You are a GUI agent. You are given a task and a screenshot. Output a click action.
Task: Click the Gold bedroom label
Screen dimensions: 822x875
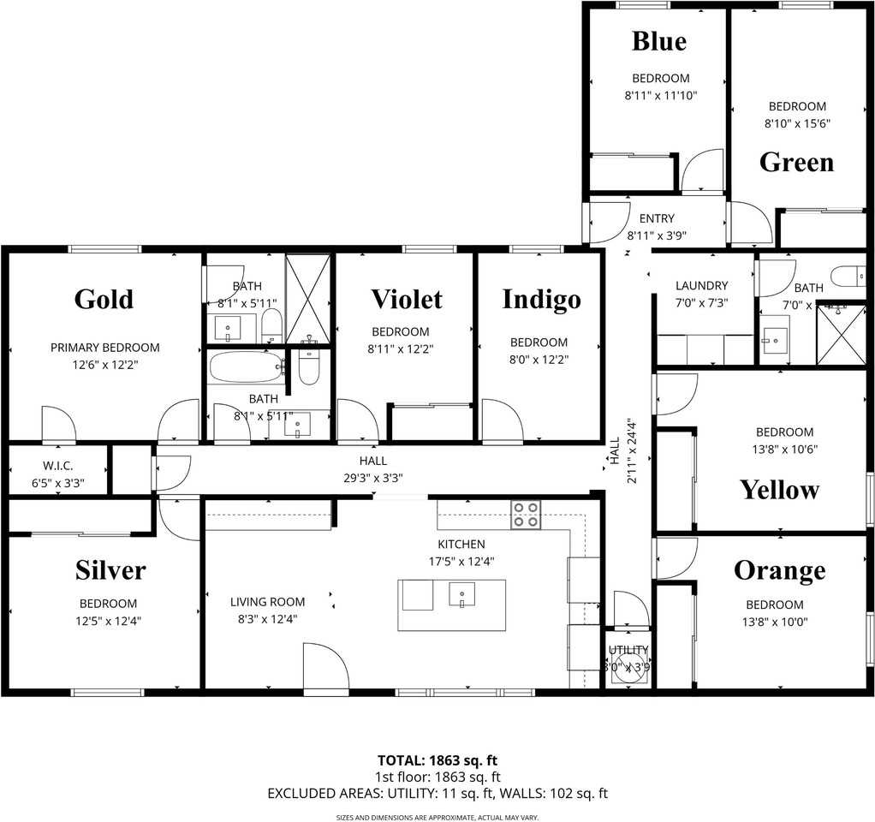(104, 299)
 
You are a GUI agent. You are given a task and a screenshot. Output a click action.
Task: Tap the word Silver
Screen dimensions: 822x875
(110, 569)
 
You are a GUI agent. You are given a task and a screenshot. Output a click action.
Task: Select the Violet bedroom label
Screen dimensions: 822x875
(406, 299)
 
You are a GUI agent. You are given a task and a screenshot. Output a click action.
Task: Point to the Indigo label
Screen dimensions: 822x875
(541, 299)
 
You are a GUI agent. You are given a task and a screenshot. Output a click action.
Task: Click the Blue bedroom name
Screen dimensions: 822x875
(658, 40)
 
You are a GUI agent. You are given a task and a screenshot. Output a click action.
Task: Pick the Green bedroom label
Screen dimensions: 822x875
(796, 162)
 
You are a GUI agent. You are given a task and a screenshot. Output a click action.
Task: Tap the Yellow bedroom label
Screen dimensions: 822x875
(779, 490)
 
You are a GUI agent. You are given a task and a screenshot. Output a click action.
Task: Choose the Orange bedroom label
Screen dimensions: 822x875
(779, 570)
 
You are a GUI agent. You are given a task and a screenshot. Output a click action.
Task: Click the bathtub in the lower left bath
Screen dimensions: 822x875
(246, 367)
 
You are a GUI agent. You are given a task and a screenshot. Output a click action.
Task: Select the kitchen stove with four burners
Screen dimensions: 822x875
(526, 515)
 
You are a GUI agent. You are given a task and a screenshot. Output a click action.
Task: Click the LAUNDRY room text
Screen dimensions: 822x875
(701, 286)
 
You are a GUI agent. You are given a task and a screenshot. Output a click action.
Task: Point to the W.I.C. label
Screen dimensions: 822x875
(57, 466)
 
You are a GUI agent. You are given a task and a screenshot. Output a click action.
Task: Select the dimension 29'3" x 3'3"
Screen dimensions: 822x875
(373, 479)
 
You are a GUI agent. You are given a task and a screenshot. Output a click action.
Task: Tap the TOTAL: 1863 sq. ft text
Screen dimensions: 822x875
(437, 759)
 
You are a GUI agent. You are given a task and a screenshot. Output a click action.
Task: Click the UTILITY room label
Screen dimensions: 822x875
(628, 651)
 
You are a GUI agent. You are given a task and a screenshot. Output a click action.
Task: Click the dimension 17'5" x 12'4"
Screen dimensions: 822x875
(461, 562)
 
